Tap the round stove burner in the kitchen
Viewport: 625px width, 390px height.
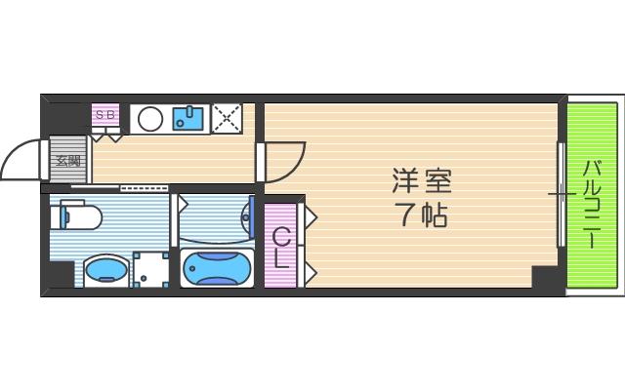(150, 119)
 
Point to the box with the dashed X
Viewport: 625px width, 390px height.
(228, 118)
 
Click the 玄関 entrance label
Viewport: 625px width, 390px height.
(66, 161)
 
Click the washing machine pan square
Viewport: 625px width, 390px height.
(150, 269)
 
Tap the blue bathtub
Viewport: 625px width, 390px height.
(217, 266)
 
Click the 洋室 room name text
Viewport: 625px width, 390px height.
(422, 181)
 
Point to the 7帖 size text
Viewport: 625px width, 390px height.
(422, 214)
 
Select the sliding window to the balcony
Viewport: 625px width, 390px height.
(561, 194)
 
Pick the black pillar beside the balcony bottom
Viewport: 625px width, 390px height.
(546, 278)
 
